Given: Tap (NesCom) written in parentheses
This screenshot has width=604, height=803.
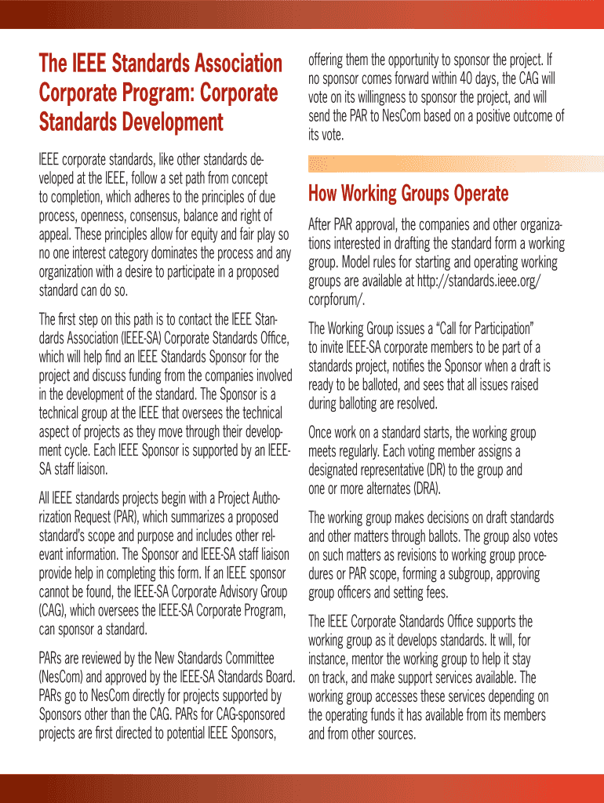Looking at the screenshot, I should (x=67, y=677).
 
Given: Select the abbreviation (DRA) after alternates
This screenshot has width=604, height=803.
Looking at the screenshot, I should (x=423, y=488).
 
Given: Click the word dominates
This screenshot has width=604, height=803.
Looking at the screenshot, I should (x=158, y=253).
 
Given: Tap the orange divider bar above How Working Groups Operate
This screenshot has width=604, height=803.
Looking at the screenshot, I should (x=456, y=164).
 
